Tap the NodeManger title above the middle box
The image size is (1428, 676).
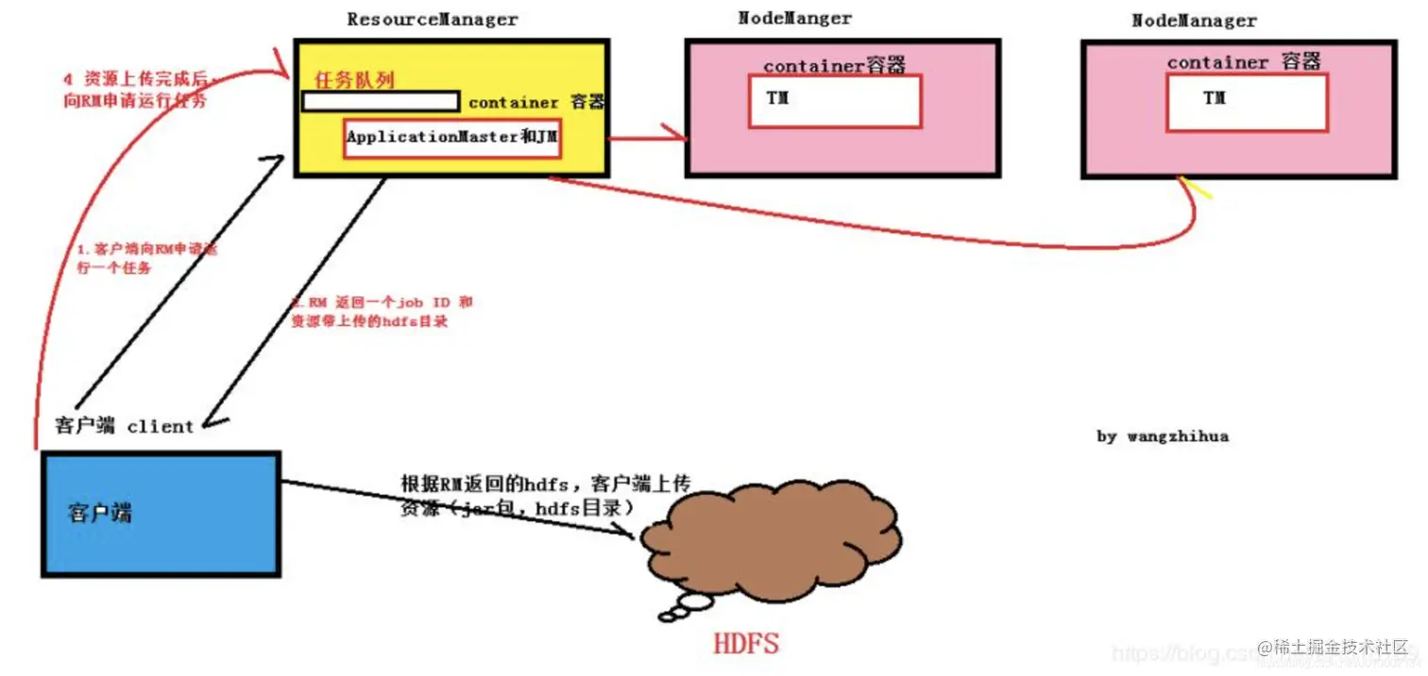click(794, 18)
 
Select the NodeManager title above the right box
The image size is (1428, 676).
click(1194, 20)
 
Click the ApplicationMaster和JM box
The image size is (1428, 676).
click(452, 138)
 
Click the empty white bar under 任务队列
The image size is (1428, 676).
click(380, 101)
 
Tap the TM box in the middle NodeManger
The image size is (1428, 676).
click(835, 101)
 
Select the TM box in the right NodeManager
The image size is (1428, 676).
click(1247, 102)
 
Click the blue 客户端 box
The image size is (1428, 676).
click(161, 514)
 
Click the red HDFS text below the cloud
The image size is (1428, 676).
click(746, 645)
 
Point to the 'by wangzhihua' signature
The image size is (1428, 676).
click(1163, 437)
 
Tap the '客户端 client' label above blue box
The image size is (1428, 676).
click(124, 426)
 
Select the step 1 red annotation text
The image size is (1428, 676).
click(146, 258)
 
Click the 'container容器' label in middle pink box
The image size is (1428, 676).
click(835, 65)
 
